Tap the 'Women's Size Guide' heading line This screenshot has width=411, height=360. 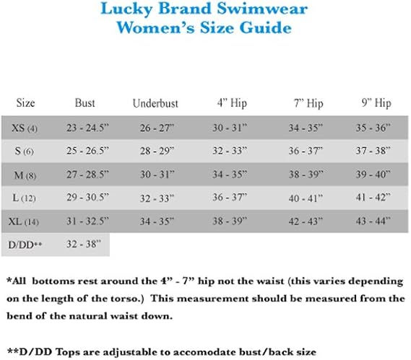(204, 28)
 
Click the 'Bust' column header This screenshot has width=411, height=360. (85, 103)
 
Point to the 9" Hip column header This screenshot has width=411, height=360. (372, 103)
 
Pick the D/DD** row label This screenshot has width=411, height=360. (25, 245)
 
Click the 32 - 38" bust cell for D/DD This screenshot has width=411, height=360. (85, 245)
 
